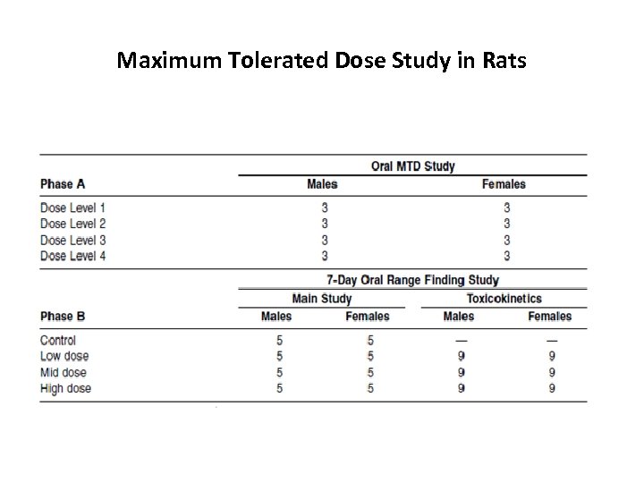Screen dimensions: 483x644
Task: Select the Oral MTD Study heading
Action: point(412,166)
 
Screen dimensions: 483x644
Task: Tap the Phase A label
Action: point(63,184)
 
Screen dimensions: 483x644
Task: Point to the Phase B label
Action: point(63,316)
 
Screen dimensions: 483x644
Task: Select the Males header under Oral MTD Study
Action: point(323,184)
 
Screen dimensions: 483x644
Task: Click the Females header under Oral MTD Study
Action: point(504,184)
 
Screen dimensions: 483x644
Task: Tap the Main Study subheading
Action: point(322,299)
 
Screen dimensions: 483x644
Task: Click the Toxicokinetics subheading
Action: point(504,299)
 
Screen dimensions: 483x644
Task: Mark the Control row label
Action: point(58,340)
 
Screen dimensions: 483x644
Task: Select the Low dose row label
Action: point(64,356)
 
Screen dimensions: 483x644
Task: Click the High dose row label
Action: point(65,388)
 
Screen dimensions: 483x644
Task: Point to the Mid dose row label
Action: point(64,372)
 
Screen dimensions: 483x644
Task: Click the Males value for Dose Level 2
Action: point(325,224)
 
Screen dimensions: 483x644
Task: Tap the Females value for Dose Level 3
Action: point(507,240)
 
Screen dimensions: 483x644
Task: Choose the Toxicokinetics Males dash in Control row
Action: point(462,340)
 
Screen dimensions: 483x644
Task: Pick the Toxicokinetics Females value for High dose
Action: point(551,388)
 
